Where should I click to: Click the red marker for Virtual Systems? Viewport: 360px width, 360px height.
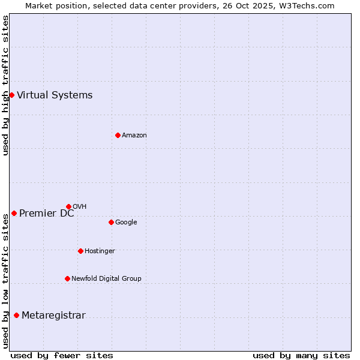pos(11,95)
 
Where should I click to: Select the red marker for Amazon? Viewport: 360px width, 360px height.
pos(118,135)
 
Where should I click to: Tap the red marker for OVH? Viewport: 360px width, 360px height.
pos(68,206)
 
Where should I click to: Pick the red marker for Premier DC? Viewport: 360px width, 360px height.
pos(14,213)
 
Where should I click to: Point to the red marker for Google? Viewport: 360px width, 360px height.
pos(111,222)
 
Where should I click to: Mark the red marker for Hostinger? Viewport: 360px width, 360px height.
pos(80,251)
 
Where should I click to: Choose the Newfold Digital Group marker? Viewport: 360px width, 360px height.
pos(67,278)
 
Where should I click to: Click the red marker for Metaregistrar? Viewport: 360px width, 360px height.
pos(16,316)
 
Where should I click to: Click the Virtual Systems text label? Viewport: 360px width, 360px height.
pos(55,95)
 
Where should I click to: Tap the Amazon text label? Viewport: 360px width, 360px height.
pos(134,135)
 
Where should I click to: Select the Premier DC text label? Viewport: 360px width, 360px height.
pos(47,213)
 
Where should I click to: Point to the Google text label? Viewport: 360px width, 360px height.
pos(126,222)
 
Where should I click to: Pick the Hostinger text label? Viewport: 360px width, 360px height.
pos(100,251)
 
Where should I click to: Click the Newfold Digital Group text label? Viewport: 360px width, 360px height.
pos(106,278)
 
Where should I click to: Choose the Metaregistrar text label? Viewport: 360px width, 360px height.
pos(53,316)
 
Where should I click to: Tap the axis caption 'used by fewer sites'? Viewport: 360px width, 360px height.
pos(62,355)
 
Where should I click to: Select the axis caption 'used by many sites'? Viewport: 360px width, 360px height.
pos(301,355)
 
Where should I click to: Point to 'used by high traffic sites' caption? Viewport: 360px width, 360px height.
pos(5,85)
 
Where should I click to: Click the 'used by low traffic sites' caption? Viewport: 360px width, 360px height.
pos(5,281)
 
